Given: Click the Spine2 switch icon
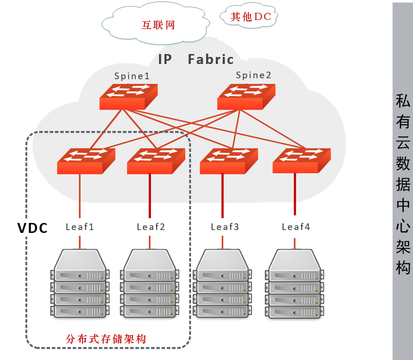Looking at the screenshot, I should pyautogui.click(x=245, y=96).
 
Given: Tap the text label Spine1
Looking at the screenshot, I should pyautogui.click(x=132, y=76).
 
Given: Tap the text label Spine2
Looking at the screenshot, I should pyautogui.click(x=254, y=75).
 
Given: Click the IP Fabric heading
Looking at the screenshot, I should pyautogui.click(x=196, y=59).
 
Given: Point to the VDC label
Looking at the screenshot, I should pyautogui.click(x=33, y=228).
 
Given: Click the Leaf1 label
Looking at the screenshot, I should pyautogui.click(x=80, y=227).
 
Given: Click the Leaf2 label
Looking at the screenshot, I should pyautogui.click(x=150, y=227).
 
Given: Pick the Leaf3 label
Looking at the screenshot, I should pyautogui.click(x=225, y=227).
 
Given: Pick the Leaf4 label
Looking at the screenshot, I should pyautogui.click(x=296, y=227).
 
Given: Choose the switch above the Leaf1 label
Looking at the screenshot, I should pyautogui.click(x=86, y=161).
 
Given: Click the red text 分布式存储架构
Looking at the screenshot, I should pyautogui.click(x=106, y=339).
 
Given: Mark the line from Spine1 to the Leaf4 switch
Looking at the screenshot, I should pyautogui.click(x=214, y=127).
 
